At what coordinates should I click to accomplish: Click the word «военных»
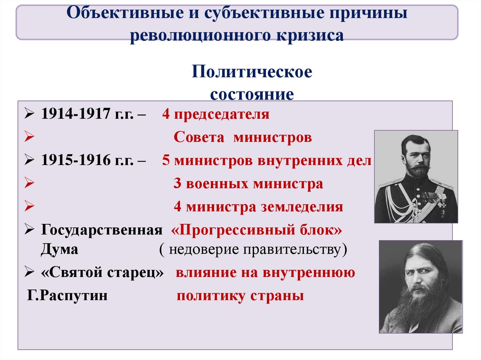tap(218, 184)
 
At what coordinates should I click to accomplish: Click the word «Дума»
tap(59, 249)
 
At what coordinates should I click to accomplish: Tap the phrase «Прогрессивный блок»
tap(257, 230)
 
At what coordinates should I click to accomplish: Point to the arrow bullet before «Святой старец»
tap(29, 272)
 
